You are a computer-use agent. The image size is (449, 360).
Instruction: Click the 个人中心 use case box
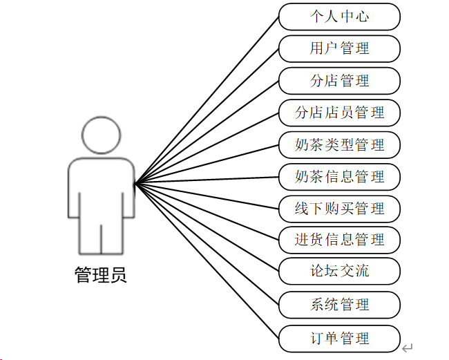[x=339, y=17]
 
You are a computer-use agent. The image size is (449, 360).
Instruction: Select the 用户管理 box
[x=339, y=48]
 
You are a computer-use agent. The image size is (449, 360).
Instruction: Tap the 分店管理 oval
[x=339, y=81]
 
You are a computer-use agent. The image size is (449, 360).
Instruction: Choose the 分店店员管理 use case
[x=339, y=113]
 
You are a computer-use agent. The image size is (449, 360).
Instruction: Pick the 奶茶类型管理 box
[x=339, y=145]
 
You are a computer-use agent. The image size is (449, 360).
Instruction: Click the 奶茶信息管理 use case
[x=339, y=177]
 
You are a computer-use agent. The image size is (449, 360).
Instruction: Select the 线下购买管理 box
[x=339, y=209]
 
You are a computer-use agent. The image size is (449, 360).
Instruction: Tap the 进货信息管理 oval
[x=339, y=240]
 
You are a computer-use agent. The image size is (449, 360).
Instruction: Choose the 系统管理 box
[x=339, y=305]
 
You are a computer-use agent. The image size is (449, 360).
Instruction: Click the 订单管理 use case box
[x=339, y=338]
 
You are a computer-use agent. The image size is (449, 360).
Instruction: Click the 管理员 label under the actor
[x=101, y=276]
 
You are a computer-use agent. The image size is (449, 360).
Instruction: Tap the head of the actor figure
[x=101, y=135]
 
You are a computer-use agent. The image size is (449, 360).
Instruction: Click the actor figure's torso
[x=101, y=190]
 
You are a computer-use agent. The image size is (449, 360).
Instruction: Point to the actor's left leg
[x=89, y=238]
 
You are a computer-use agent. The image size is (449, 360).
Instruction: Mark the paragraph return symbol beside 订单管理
[x=408, y=348]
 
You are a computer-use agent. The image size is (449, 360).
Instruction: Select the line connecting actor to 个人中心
[x=207, y=100]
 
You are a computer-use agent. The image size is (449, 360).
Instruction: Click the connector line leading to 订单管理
[x=207, y=261]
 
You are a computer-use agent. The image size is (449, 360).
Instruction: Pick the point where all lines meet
[x=135, y=183]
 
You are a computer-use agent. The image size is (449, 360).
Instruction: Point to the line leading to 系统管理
[x=207, y=245]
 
